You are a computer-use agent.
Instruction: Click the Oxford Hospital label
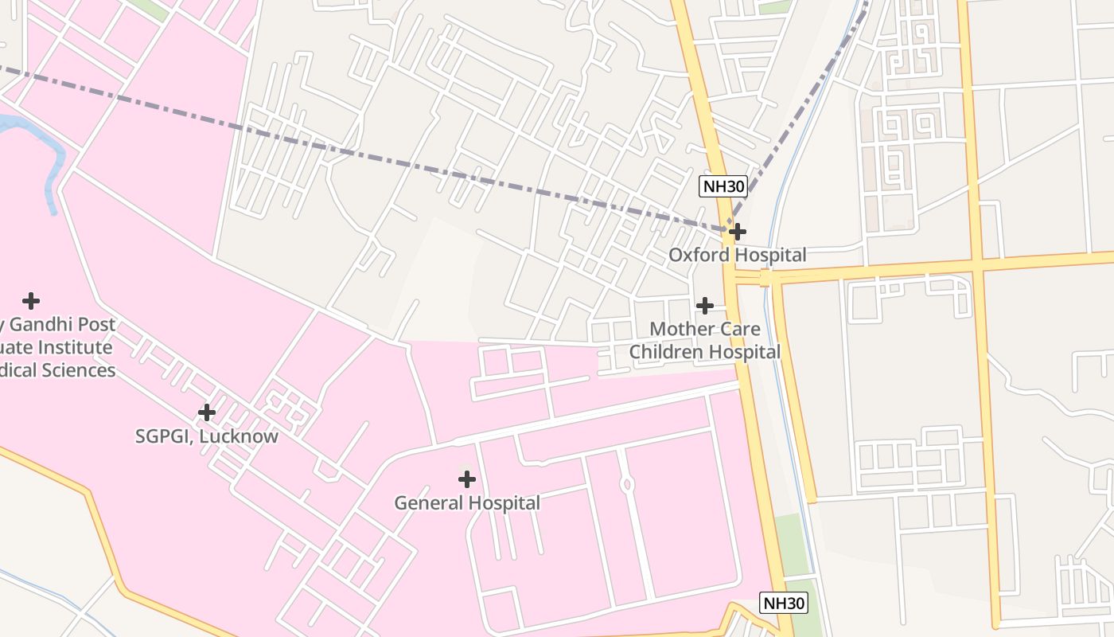coord(737,255)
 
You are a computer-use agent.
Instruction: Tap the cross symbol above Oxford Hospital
coord(738,232)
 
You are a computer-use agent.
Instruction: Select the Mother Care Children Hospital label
coord(705,340)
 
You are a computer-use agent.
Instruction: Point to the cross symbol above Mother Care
coord(704,305)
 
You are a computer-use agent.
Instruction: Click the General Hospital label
coord(467,503)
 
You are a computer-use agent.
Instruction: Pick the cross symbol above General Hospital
coord(467,479)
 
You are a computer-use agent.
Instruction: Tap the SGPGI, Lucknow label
coord(207,436)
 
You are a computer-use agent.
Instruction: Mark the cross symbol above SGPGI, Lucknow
coord(207,412)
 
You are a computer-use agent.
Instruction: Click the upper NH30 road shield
coord(723,187)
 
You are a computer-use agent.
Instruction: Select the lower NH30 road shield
coord(784,603)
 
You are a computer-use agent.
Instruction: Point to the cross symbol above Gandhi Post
coord(31,300)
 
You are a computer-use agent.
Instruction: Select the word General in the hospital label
coord(428,503)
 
